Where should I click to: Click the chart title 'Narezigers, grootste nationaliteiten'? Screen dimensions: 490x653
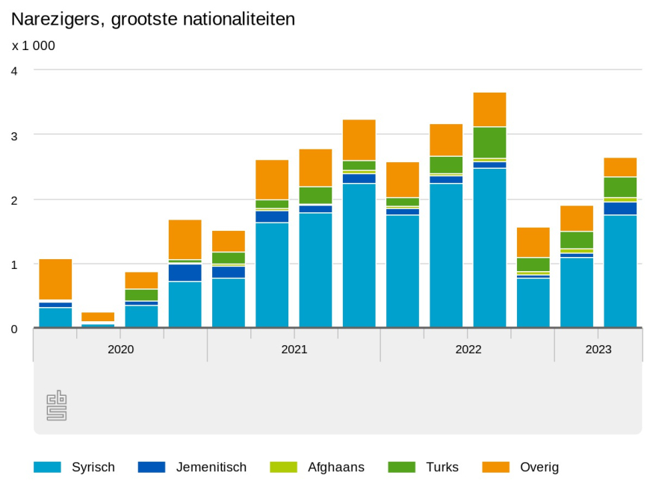pos(153,19)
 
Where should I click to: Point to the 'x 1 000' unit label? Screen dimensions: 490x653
pos(34,46)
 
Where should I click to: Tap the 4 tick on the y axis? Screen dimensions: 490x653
pos(14,70)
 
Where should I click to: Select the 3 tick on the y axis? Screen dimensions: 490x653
pos(14,135)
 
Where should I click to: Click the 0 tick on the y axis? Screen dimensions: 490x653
pos(14,329)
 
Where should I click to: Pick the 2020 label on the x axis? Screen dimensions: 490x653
pos(120,349)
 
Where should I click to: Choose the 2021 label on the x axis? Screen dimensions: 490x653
pos(294,349)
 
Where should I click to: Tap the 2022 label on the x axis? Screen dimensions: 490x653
pos(468,349)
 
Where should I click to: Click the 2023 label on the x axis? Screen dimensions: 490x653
pos(598,349)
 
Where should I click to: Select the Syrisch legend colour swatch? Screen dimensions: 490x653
pos(47,468)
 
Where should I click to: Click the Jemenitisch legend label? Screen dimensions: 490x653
pos(211,468)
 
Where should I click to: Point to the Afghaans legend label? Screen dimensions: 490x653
pos(335,468)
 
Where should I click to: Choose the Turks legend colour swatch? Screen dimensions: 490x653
pos(401,468)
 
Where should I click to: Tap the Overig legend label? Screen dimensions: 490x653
pos(540,468)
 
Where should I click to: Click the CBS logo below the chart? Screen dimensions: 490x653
pos(57,406)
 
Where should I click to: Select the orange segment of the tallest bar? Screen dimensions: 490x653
pos(489,109)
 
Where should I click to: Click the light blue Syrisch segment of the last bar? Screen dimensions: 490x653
pos(620,271)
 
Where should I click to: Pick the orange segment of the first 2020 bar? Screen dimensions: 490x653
pos(55,279)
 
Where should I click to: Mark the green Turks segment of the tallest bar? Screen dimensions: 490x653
pos(489,142)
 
